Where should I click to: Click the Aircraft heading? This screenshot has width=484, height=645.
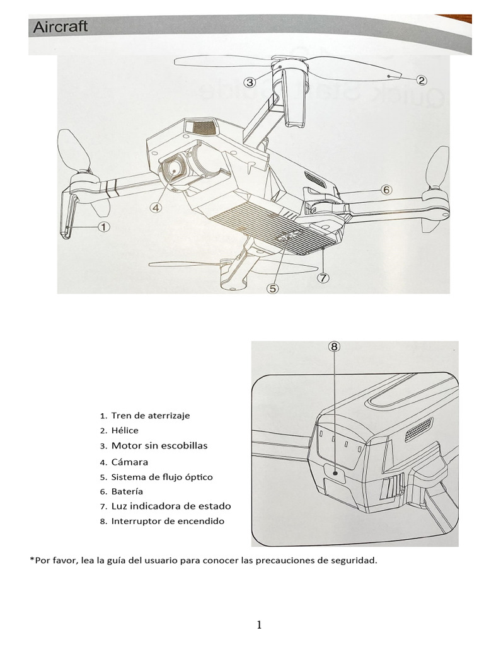pos(60,27)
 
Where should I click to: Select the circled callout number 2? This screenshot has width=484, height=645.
pos(422,80)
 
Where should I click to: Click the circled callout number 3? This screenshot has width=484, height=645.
pos(250,82)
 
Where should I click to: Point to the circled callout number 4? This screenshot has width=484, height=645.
pos(156,207)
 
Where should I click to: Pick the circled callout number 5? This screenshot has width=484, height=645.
pos(272,288)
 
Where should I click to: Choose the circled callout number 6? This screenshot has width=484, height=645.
pos(386,190)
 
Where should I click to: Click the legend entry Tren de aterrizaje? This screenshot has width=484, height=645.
pos(150,416)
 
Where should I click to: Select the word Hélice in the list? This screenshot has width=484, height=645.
pos(125,431)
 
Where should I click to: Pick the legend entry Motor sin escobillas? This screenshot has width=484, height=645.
pos(159,446)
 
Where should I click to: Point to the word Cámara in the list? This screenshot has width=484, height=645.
pos(129,462)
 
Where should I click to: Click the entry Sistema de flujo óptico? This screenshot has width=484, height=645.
pos(162,477)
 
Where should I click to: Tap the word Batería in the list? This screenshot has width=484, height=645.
pos(127,491)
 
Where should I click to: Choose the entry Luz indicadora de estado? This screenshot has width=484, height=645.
pos(171,506)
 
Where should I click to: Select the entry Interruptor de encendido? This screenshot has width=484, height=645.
pos(167,521)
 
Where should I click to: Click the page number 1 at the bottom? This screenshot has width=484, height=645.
pos(258,625)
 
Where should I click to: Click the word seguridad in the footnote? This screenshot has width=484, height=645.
pos(355,560)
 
